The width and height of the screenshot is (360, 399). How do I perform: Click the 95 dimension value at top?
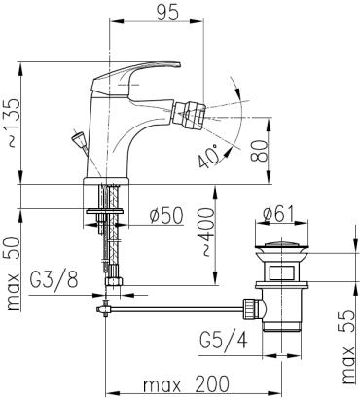pos(167,14)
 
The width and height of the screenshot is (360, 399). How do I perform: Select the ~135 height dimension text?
pos(14,123)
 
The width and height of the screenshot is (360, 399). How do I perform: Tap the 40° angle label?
pos(209,157)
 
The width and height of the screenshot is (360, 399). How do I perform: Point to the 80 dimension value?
pos(259,151)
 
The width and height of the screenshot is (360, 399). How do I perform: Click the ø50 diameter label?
pos(166,216)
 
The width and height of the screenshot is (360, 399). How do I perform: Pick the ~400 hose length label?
pos(207,233)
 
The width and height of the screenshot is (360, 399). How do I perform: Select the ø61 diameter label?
pos(278,214)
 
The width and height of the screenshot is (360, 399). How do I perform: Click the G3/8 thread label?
pos(54,280)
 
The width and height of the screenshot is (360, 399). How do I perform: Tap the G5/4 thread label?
pos(224,341)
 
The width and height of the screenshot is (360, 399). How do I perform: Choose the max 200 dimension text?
pos(186,384)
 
